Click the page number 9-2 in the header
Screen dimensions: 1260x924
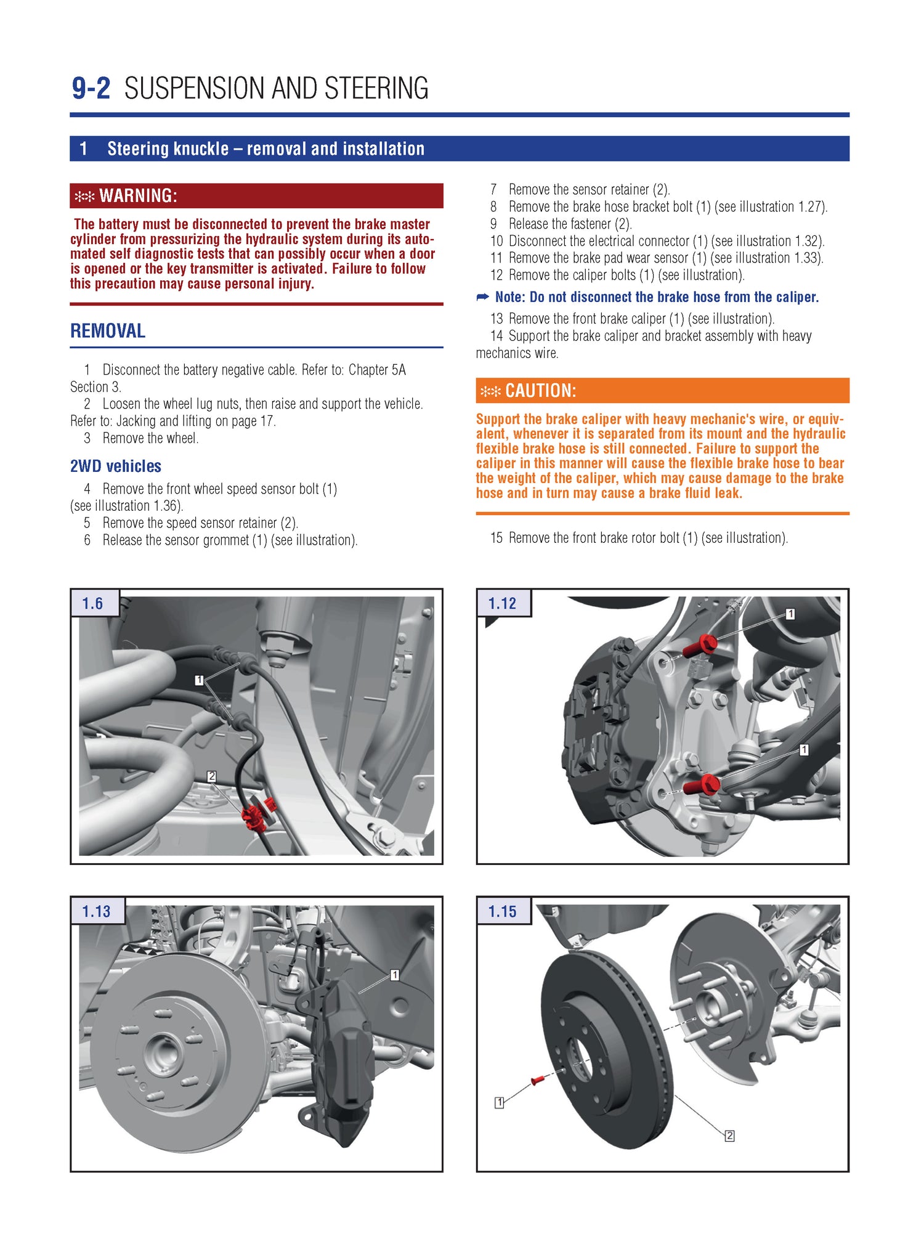(91, 89)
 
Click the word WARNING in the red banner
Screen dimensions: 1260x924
(138, 196)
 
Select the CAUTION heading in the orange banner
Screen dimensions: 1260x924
(540, 391)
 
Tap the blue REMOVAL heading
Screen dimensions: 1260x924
(108, 331)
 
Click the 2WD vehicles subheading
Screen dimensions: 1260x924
(116, 466)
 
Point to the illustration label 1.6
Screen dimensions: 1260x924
(93, 603)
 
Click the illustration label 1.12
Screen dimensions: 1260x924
(502, 603)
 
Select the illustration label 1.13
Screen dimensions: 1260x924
(96, 911)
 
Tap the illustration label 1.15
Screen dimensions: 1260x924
(502, 911)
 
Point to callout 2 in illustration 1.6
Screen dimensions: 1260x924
(211, 776)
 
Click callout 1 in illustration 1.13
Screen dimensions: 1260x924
(395, 975)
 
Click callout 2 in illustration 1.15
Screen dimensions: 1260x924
(729, 1136)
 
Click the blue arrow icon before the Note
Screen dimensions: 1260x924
(482, 297)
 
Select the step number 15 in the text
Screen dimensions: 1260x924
(496, 538)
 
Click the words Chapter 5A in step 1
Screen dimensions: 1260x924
(377, 370)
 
